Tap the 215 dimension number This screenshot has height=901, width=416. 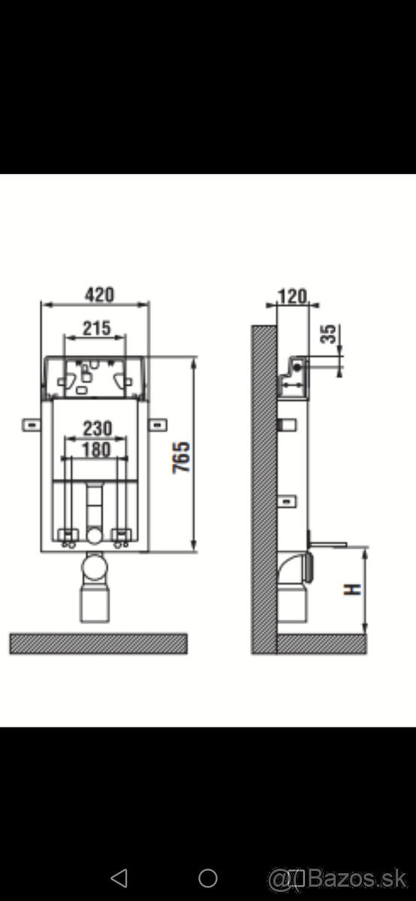pyautogui.click(x=96, y=327)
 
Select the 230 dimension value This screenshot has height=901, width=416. pyautogui.click(x=97, y=428)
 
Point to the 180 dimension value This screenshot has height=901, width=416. pyautogui.click(x=96, y=449)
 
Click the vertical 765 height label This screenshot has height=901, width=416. pyautogui.click(x=182, y=457)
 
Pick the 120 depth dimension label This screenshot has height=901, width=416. pyautogui.click(x=292, y=296)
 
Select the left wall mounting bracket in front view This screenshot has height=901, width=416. pyautogui.click(x=32, y=425)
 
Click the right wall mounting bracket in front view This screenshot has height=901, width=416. pyautogui.click(x=158, y=425)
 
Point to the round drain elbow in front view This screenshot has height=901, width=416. pyautogui.click(x=95, y=568)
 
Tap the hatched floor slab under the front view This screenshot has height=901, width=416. pyautogui.click(x=98, y=643)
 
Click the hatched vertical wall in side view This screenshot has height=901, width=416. pyautogui.click(x=264, y=488)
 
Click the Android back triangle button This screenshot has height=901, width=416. pyautogui.click(x=119, y=877)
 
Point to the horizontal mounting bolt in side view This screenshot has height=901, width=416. pyautogui.click(x=327, y=541)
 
